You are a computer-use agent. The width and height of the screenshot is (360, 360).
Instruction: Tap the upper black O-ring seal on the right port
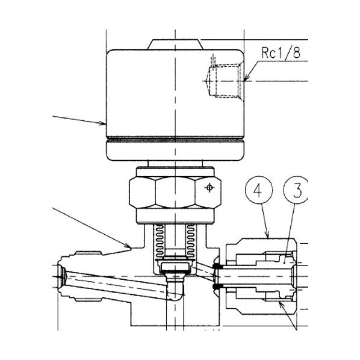coord(216,265)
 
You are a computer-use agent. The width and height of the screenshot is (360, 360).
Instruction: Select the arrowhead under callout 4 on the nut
coord(269,235)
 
